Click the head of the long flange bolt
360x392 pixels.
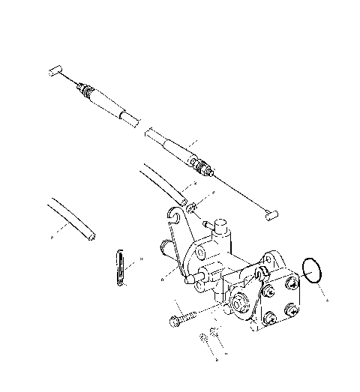pos(174,322)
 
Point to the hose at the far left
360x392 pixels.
pos(71,220)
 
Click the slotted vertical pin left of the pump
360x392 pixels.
pos(121,267)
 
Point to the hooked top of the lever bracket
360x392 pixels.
pos(175,218)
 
